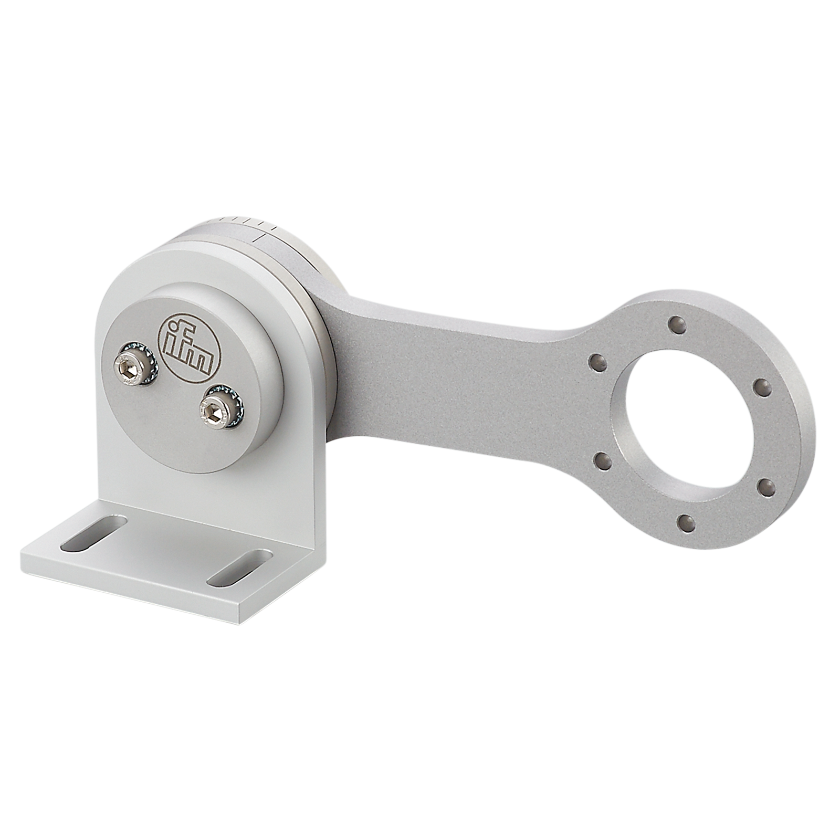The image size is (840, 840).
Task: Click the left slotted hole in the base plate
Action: click(x=94, y=533)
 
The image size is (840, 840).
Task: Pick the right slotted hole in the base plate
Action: click(x=240, y=567)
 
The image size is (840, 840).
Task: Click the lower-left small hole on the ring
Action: click(x=602, y=462)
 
